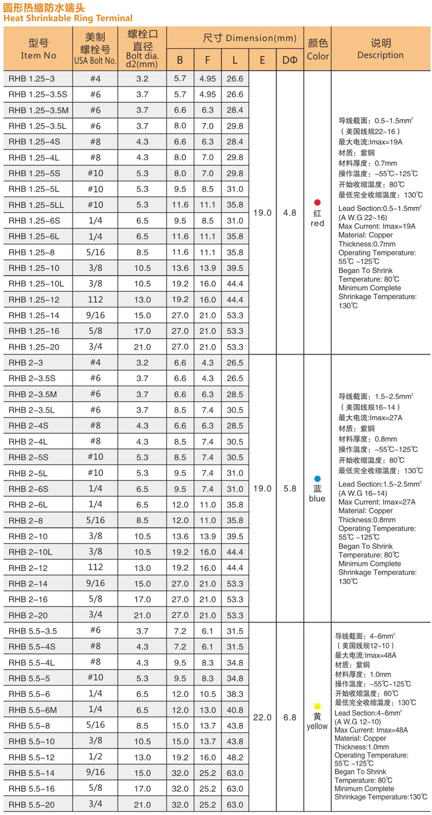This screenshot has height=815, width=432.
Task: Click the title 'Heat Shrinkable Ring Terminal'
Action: [x=68, y=18]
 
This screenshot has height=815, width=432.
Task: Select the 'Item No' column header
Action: [x=38, y=49]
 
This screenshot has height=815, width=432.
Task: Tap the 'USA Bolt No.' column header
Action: [x=95, y=60]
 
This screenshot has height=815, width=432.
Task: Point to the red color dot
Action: [x=317, y=203]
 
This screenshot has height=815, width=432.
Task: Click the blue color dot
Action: [x=317, y=479]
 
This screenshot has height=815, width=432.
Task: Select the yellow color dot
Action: [x=317, y=707]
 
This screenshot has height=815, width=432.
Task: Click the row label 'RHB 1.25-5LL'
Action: [x=36, y=205]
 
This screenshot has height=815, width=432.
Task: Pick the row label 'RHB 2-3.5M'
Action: [x=33, y=394]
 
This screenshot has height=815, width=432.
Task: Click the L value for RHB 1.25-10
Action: [x=235, y=268]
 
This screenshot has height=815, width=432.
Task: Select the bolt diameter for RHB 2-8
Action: [x=142, y=520]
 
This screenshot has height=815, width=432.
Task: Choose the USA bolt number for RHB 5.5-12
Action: [x=95, y=757]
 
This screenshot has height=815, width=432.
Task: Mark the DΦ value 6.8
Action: [x=290, y=718]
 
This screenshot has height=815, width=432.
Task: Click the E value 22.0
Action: [x=262, y=718]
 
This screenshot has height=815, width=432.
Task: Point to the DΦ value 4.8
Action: [x=290, y=213]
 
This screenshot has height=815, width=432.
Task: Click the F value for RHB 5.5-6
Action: [x=208, y=694]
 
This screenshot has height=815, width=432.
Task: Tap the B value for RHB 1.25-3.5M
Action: [x=180, y=110]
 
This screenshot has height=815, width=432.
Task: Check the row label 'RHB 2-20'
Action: [x=28, y=615]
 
